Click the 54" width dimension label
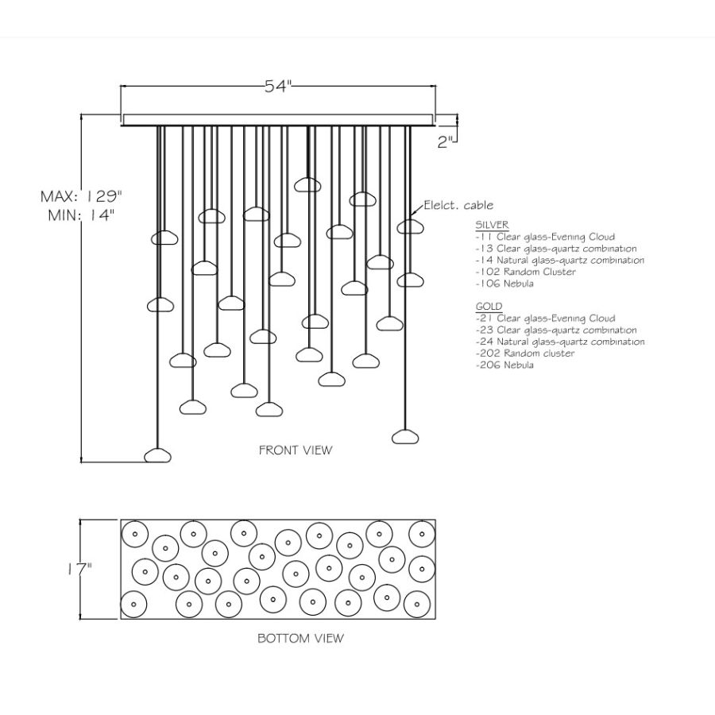[278, 88]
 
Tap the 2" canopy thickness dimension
[446, 142]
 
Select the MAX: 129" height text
[83, 196]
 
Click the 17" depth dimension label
[79, 570]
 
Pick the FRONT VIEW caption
[296, 450]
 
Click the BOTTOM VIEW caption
[300, 638]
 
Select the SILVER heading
[492, 225]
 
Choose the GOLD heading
[489, 307]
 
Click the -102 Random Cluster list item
[525, 272]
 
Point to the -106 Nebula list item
[504, 284]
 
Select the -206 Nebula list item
[504, 365]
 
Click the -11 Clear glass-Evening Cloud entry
[545, 237]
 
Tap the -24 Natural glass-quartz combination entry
[560, 342]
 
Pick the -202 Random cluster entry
[525, 354]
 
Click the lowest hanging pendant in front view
[157, 455]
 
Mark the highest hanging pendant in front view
[307, 185]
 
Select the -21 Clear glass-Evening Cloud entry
[545, 319]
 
